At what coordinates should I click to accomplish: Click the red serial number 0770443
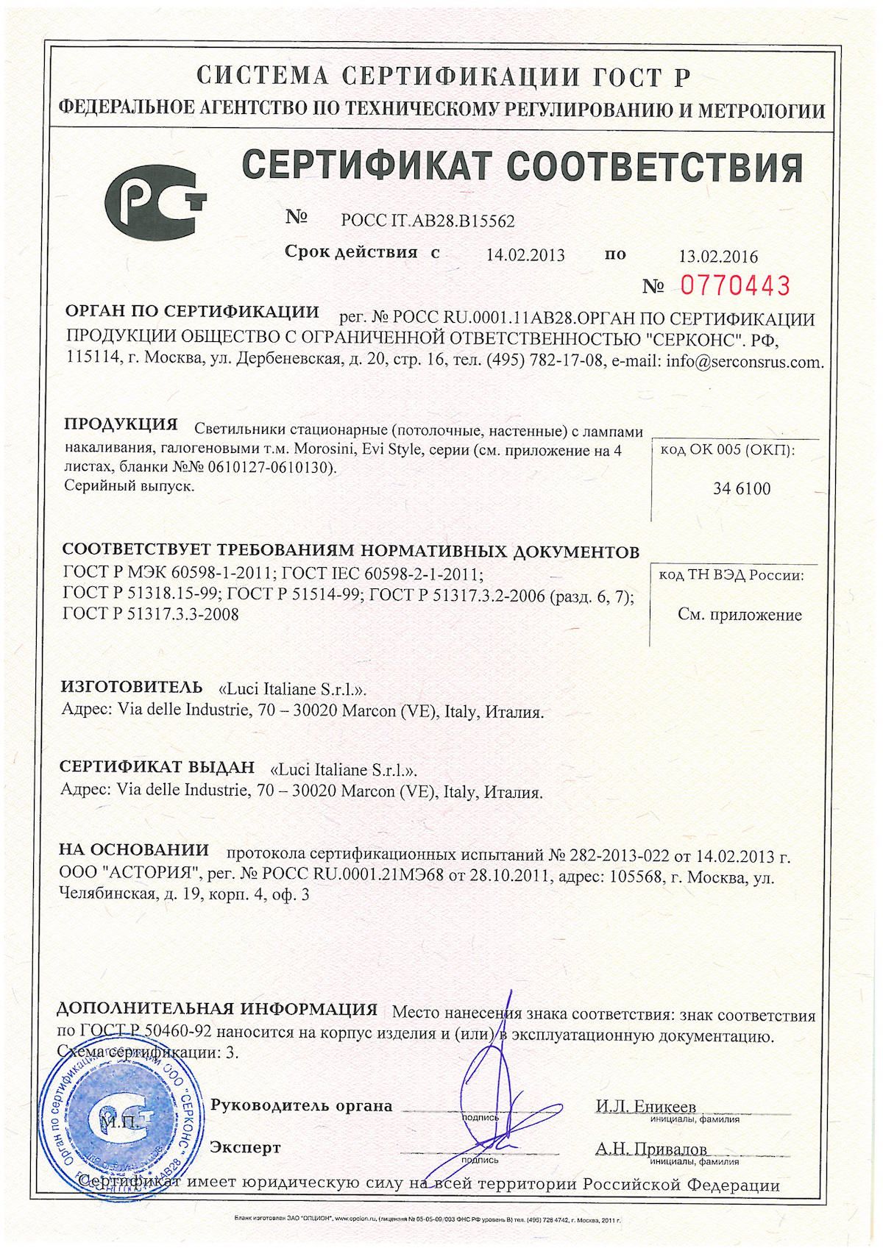tap(734, 285)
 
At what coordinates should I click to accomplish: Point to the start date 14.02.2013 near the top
tap(525, 255)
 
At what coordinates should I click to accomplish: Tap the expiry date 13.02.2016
tap(718, 257)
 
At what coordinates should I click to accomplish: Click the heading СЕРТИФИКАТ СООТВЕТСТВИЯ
tap(522, 168)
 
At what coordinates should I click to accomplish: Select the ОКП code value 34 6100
tap(741, 488)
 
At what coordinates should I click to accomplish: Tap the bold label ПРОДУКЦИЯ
tap(121, 424)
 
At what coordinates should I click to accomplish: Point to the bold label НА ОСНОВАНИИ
tap(134, 850)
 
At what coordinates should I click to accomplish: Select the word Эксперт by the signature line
tap(245, 1147)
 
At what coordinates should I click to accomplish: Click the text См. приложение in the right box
tap(740, 615)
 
